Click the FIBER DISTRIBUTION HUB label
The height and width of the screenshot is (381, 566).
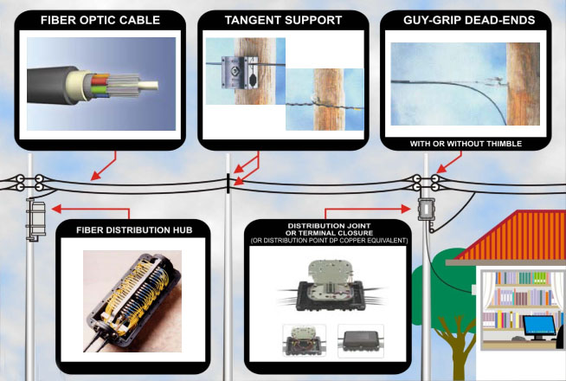point(131,229)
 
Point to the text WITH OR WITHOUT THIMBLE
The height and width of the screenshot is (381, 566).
point(466,142)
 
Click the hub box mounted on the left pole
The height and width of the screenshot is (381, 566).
point(35,217)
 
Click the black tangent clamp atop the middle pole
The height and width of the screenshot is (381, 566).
point(228,183)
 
